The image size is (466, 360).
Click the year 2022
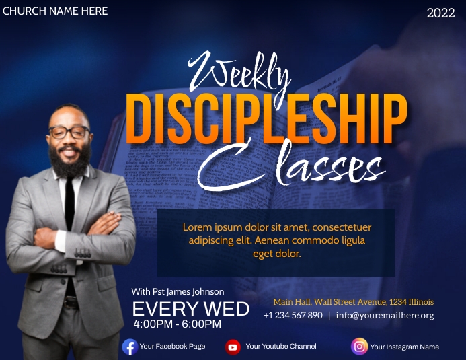(440, 13)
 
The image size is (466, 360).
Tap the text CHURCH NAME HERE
(55, 11)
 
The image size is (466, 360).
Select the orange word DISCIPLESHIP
(267, 118)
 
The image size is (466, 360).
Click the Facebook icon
(130, 347)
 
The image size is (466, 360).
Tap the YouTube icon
(233, 347)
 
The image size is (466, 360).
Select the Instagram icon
(360, 347)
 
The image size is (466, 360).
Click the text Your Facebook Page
(173, 347)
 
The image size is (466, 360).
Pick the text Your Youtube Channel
(281, 347)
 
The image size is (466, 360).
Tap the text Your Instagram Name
(404, 347)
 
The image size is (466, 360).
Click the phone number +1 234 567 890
(293, 315)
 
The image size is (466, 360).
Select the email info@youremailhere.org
(385, 315)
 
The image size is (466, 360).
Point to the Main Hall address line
(353, 302)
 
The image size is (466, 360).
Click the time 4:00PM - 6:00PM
(178, 324)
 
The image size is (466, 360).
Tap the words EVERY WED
(190, 309)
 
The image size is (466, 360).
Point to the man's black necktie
(69, 202)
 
